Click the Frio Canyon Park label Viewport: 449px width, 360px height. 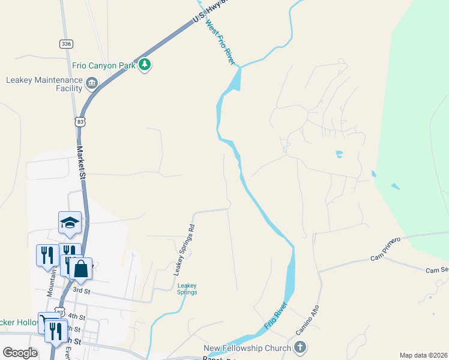click(103, 65)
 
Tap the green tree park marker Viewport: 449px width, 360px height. click(144, 65)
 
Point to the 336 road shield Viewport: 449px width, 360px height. click(66, 44)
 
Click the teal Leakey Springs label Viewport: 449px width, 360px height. click(187, 289)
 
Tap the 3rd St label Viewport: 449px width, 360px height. click(81, 290)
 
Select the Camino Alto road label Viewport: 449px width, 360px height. click(307, 321)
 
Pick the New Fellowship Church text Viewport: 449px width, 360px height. click(247, 348)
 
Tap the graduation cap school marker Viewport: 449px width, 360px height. click(70, 223)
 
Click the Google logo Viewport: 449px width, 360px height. click(20, 353)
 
